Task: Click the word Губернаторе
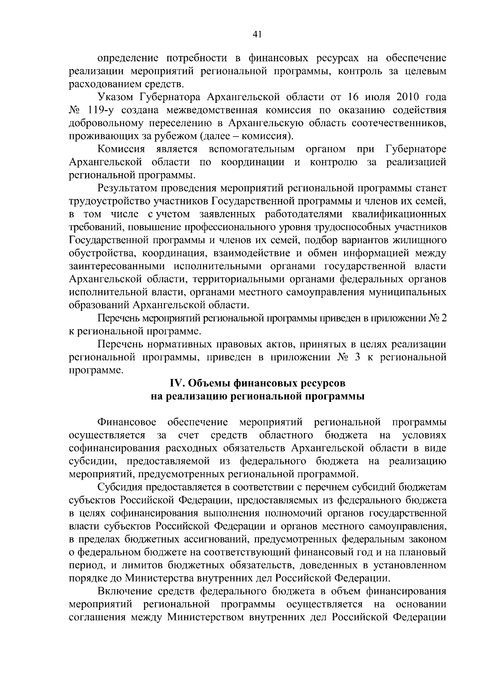click(x=416, y=149)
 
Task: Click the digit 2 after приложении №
click(x=443, y=318)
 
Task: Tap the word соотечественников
click(x=398, y=123)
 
